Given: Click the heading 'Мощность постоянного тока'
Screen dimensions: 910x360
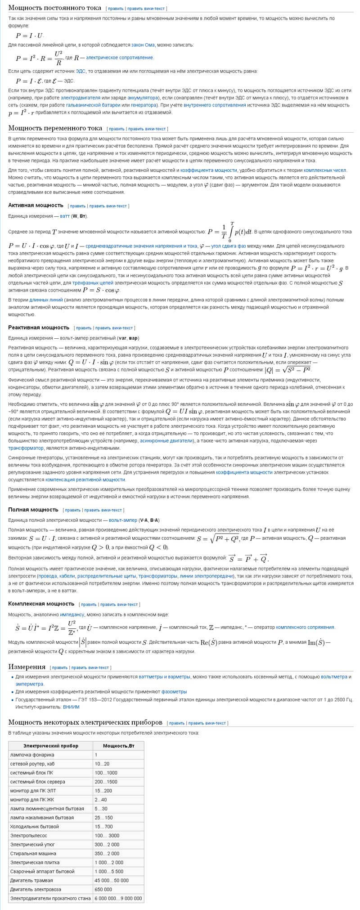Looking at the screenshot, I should point(54,8).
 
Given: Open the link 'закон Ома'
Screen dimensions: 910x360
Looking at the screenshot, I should point(142,45).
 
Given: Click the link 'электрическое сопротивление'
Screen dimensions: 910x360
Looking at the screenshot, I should point(120,58).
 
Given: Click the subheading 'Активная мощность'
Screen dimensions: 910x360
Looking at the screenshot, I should point(36,205).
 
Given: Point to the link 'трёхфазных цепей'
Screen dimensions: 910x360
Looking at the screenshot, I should point(93,283).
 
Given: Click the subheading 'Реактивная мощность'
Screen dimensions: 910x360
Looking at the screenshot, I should point(39,327).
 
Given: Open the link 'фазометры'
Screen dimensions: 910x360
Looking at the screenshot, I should point(174,691).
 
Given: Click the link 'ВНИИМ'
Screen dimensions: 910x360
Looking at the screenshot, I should point(71,707).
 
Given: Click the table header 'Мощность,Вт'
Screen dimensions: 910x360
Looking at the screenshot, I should point(118,745).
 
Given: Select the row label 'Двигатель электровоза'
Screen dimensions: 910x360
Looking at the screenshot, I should point(36,889).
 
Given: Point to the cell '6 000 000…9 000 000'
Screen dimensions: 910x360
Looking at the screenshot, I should point(118,898).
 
